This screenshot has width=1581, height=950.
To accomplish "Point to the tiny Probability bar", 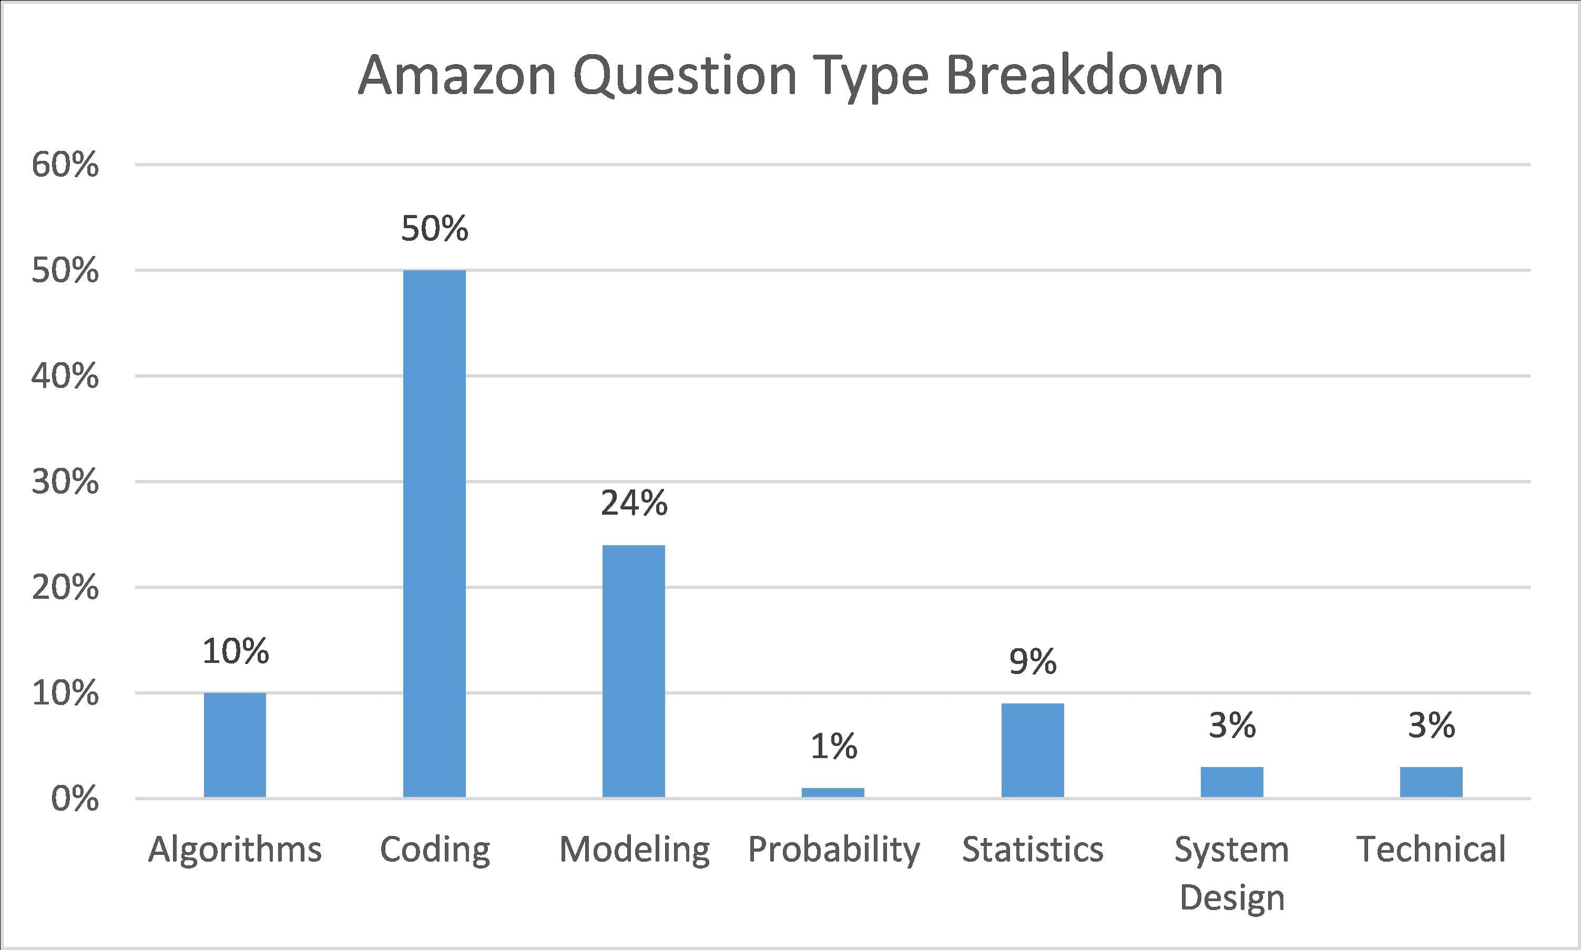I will (833, 792).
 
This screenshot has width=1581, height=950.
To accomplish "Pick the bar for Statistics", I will (1033, 750).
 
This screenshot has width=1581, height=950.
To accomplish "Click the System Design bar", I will (1231, 782).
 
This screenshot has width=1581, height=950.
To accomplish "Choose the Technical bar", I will (1431, 782).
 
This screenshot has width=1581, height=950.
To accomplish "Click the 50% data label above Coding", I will (435, 229).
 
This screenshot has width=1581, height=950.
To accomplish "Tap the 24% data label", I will (634, 503).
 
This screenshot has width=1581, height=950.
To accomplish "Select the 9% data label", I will (1033, 661).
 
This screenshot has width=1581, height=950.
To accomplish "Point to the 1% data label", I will (833, 747).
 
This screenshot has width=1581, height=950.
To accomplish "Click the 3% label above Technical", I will (1431, 726).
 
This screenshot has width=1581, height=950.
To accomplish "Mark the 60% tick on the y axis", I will (65, 165).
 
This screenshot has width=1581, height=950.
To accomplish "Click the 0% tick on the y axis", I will (75, 799).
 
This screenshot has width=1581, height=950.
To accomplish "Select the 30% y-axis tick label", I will (65, 482).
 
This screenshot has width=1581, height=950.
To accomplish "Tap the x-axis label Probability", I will (833, 850).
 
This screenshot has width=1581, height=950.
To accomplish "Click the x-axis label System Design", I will (1231, 873).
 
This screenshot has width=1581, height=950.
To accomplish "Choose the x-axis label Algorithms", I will (235, 850).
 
